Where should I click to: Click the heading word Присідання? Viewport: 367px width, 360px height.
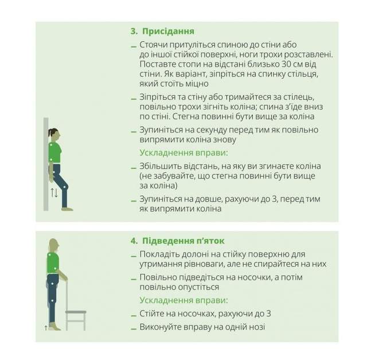click(x=168, y=32)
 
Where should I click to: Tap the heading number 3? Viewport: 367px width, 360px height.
click(x=134, y=32)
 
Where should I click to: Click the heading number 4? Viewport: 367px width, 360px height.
click(x=134, y=241)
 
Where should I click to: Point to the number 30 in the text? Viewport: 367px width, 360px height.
click(x=287, y=64)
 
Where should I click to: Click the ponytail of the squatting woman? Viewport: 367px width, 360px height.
click(x=50, y=133)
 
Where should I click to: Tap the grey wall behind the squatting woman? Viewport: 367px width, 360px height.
click(x=46, y=164)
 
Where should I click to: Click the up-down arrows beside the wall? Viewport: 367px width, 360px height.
click(x=54, y=193)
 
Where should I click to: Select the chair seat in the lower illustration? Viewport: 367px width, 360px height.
click(x=76, y=312)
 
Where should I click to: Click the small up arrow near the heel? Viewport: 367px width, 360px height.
click(x=46, y=328)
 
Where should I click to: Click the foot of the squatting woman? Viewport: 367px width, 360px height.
click(x=67, y=209)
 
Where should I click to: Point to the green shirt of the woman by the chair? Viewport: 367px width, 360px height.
click(x=53, y=263)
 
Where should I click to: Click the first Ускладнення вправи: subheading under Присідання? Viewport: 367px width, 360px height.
click(x=183, y=153)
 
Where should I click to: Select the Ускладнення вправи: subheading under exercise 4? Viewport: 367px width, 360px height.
click(x=183, y=300)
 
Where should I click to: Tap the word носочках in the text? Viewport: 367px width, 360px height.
click(x=195, y=313)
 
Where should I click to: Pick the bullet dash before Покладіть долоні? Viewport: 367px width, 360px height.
click(x=134, y=256)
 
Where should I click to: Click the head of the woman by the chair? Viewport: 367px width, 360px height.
click(x=54, y=246)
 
